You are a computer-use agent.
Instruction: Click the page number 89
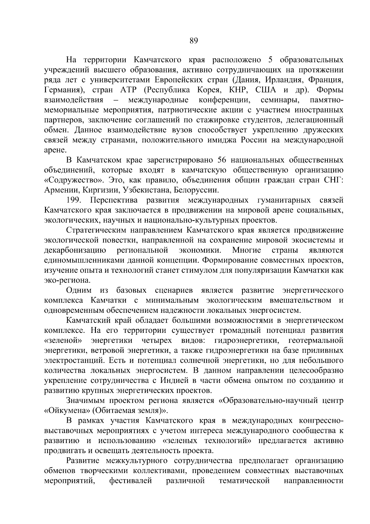193,41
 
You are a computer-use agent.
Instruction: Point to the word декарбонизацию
76,250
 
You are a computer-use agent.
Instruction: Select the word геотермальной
316,340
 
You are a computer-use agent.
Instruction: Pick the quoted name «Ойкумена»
67,411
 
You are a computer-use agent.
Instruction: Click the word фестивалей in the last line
130,481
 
